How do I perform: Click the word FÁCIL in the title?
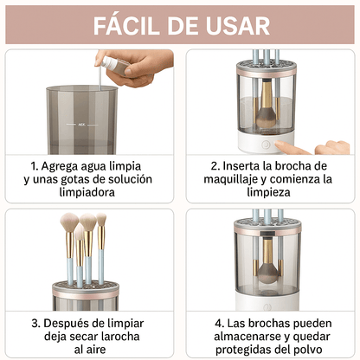pos(131,23)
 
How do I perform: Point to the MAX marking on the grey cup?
pos(81,125)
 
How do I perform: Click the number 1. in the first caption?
pos(35,165)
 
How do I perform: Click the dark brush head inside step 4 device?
pos(268,268)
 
